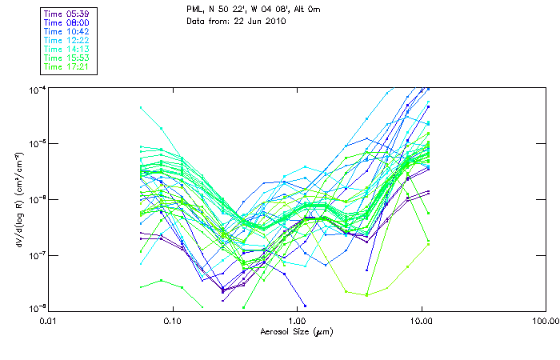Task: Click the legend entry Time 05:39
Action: (66, 14)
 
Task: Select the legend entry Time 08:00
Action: (66, 22)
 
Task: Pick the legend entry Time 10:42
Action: (66, 31)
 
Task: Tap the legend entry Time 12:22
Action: (66, 40)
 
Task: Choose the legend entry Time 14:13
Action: (66, 49)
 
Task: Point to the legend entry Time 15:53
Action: (66, 58)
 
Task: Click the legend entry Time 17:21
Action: (66, 66)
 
